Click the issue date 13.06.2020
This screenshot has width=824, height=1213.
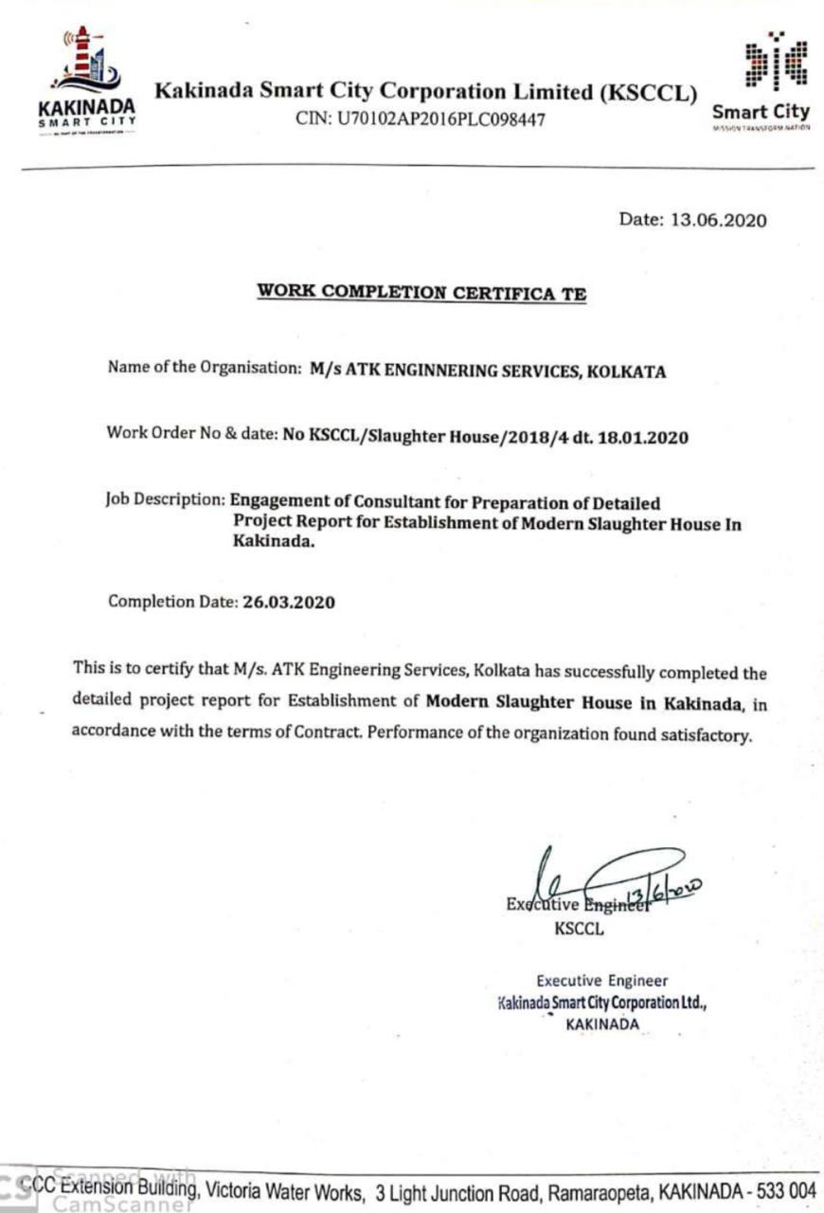[719, 220]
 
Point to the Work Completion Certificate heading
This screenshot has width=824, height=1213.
[421, 294]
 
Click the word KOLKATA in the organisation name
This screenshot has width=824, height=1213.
[626, 371]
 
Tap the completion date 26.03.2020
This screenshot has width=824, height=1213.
[288, 602]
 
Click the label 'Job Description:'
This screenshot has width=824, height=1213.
[166, 499]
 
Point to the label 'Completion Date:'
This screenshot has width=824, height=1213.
[170, 602]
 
